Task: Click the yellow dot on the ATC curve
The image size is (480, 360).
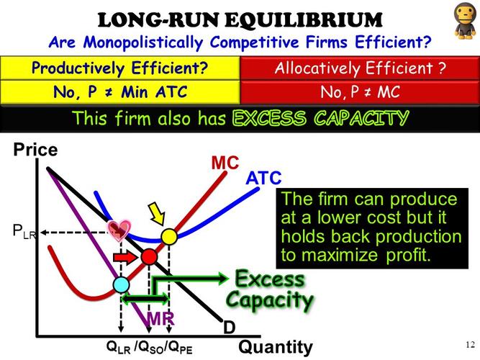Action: coord(169,236)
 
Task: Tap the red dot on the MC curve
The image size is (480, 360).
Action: coord(148,256)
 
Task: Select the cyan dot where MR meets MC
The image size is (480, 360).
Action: coord(122,284)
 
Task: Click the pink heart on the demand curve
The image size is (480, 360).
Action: coord(118,229)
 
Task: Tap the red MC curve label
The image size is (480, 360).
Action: coord(225,163)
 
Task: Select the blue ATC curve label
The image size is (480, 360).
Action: coord(263,178)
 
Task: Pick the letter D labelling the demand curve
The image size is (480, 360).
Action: coord(229,328)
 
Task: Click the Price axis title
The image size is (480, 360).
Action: coord(35,152)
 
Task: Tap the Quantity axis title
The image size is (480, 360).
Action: coord(276,347)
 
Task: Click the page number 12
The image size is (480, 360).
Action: coord(471,343)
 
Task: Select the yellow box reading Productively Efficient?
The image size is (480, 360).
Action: coord(119,68)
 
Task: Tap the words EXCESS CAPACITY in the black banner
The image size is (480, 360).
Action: coord(320,118)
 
